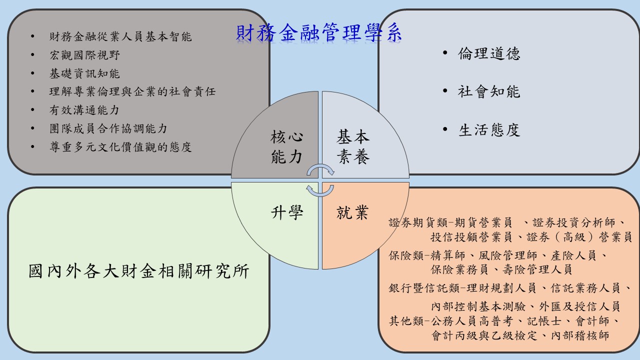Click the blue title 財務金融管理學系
[x=319, y=33]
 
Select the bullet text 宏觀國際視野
[x=84, y=55]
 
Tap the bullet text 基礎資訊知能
[x=84, y=73]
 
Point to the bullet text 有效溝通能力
[x=84, y=110]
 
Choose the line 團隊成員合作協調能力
[x=108, y=128]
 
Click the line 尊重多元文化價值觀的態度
[x=120, y=147]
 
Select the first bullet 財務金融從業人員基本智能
[x=120, y=36]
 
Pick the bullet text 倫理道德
[x=489, y=53]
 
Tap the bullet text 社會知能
[x=489, y=91]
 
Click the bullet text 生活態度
[x=489, y=130]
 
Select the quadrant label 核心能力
[x=286, y=146]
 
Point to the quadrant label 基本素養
[x=353, y=146]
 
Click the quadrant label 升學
[x=287, y=212]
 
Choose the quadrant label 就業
[x=352, y=212]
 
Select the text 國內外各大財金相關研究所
[x=139, y=271]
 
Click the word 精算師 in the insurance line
[x=448, y=255]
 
